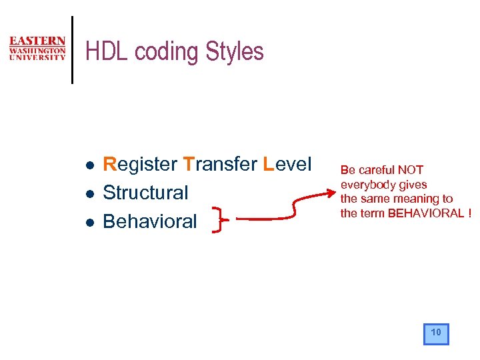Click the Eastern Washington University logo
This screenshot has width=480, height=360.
click(37, 49)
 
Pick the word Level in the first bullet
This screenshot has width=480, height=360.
click(287, 164)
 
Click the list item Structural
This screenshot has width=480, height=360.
click(145, 193)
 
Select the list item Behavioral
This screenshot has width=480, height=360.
click(150, 221)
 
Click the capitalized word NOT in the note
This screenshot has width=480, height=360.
click(410, 170)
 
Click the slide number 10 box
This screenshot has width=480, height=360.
click(436, 333)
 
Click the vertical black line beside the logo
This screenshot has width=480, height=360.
click(72, 50)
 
